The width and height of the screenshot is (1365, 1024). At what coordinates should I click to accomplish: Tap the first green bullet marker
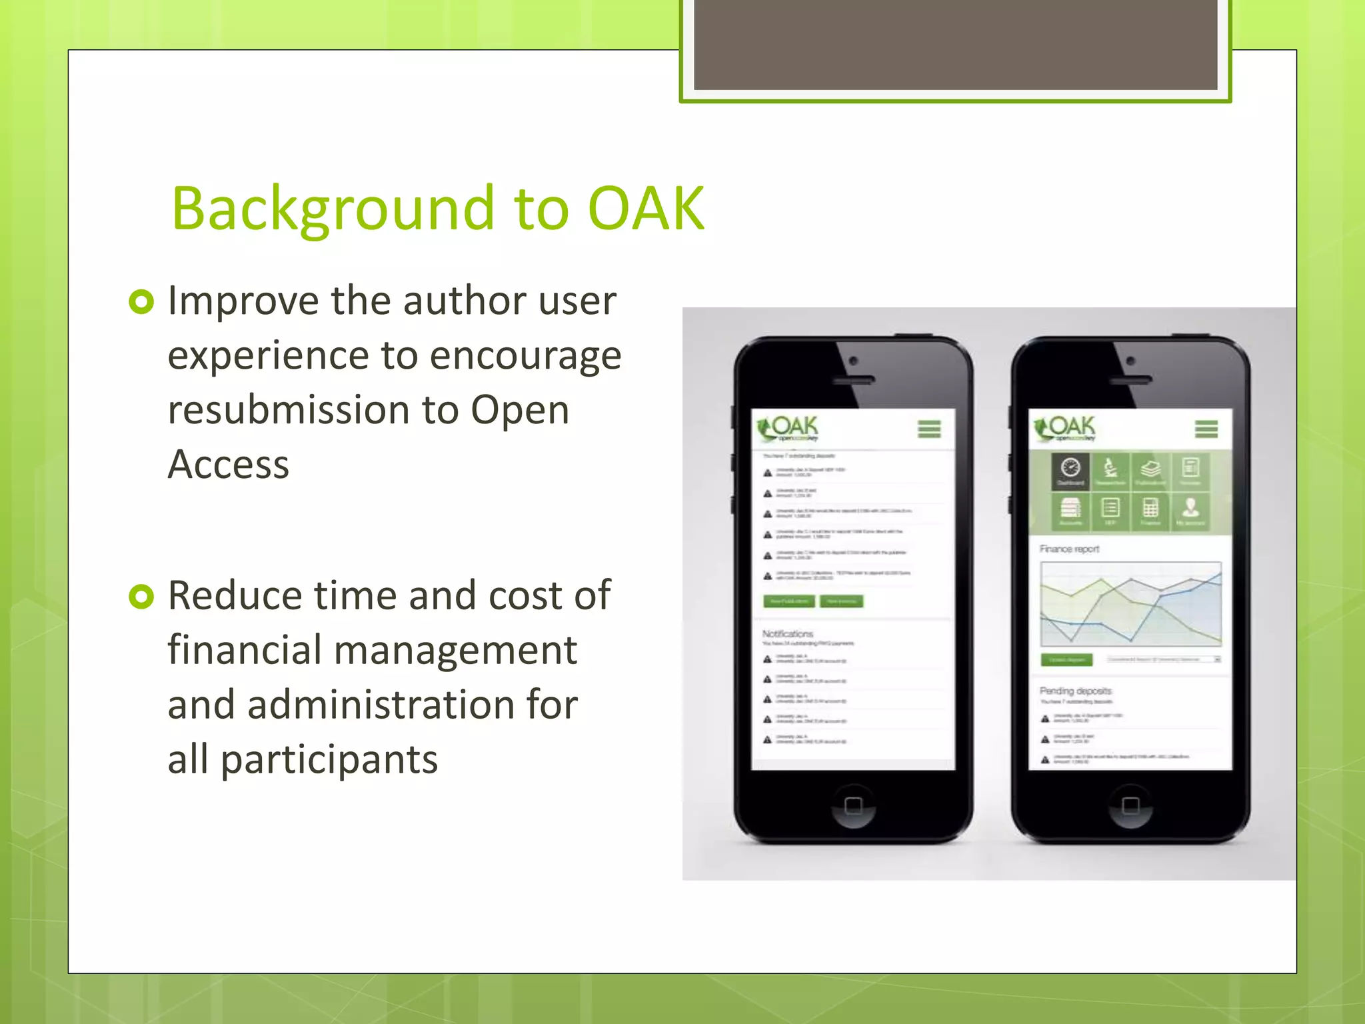coord(141,302)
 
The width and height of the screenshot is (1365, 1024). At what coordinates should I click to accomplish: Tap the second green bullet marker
coord(141,596)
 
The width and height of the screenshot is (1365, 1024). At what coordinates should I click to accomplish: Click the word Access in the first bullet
coord(229,464)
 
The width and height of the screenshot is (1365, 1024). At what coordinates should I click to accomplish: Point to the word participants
coord(329,759)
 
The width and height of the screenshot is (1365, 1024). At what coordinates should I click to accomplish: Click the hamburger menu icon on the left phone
coord(929,429)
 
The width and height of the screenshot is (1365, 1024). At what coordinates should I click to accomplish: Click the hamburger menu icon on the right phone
coord(1206,429)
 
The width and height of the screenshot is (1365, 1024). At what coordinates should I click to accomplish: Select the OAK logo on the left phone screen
coord(788,429)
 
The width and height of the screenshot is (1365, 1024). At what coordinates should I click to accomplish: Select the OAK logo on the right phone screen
coord(1066,429)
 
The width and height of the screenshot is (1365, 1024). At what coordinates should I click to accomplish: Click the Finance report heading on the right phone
coord(1069,549)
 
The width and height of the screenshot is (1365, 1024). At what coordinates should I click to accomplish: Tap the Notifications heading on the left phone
coord(788,633)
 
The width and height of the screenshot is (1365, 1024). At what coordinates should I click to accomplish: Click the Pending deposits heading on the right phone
coord(1076,691)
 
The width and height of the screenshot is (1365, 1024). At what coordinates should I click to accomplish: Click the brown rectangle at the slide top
coord(955,44)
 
